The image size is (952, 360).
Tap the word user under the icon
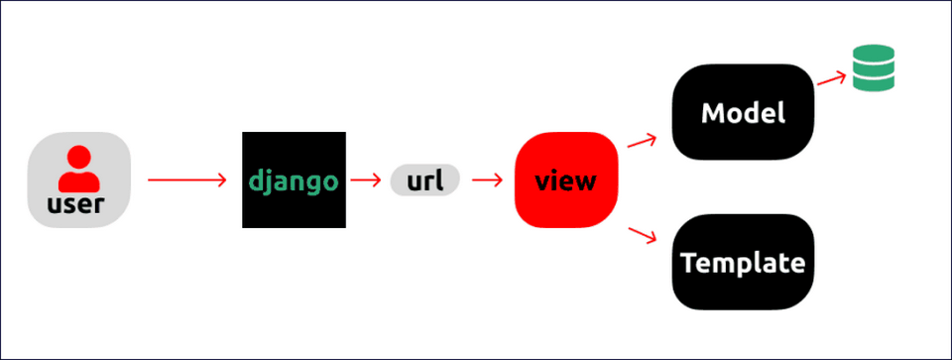79,208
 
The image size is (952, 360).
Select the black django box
294,149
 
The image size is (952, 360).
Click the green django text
294,181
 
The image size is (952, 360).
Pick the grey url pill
425,180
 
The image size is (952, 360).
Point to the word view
566,181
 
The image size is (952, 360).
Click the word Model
743,113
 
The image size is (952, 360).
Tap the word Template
743,263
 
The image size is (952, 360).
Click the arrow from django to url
366,180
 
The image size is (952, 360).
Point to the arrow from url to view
485,180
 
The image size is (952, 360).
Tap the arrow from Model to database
831,79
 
